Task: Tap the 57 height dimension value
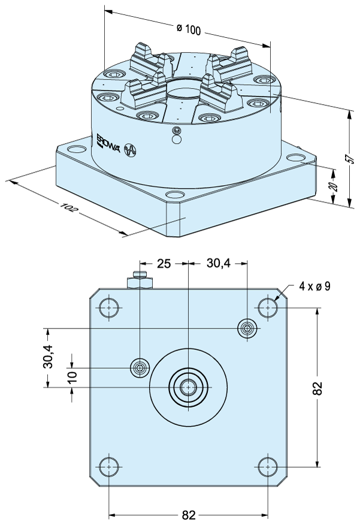tap(349, 158)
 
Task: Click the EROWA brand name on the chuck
tap(108, 144)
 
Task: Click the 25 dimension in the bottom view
tap(164, 264)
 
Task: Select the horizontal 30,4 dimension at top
tap(218, 264)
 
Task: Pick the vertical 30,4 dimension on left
tap(48, 356)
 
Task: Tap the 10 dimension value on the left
tap(72, 375)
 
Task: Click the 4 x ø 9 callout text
tap(314, 286)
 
